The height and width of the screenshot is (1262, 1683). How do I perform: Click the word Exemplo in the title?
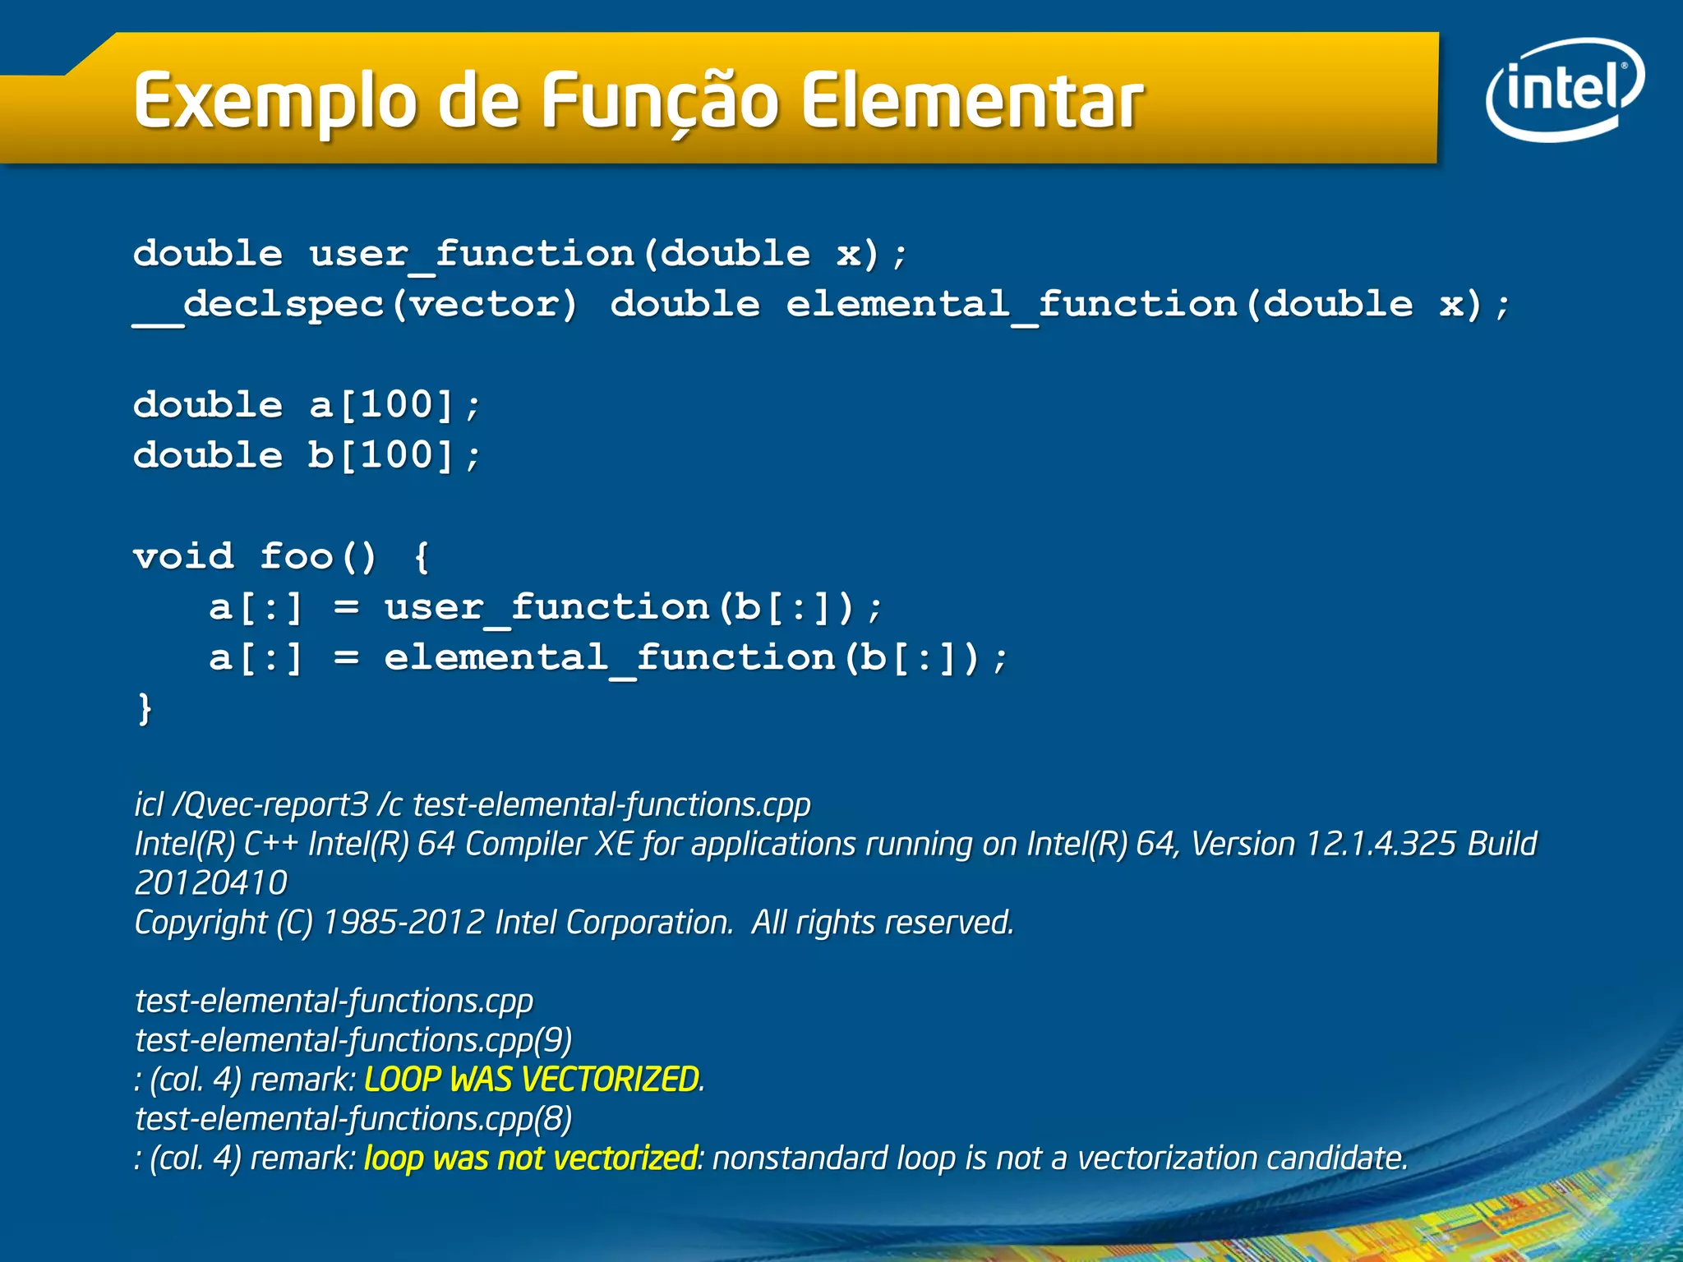(x=275, y=102)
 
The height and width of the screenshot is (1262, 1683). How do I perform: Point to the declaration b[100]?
(x=394, y=456)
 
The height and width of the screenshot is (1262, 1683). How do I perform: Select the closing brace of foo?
(x=145, y=708)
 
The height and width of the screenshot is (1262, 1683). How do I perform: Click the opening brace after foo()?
(x=422, y=557)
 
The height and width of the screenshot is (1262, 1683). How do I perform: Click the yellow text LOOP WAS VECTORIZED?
(x=532, y=1080)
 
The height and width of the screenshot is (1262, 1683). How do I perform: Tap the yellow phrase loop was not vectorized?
(x=531, y=1158)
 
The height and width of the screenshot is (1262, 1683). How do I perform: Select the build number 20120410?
(x=210, y=883)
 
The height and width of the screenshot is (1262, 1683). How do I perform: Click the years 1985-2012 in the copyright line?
(x=403, y=923)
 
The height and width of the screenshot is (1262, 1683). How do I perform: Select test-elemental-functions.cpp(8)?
(x=353, y=1119)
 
